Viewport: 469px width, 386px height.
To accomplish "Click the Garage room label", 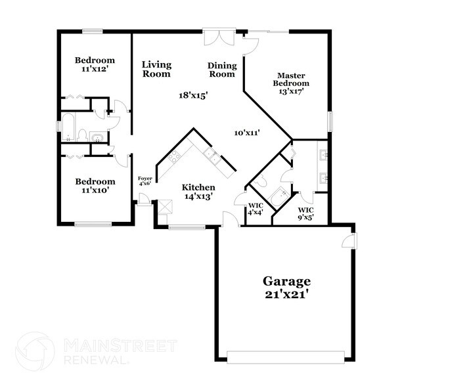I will [x=288, y=281].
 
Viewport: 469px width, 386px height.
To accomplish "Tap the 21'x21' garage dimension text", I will [x=288, y=295].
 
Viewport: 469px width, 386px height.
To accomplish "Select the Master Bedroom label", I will [x=292, y=79].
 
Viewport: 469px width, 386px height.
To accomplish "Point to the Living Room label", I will [x=157, y=69].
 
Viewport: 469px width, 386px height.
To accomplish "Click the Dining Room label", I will [x=221, y=70].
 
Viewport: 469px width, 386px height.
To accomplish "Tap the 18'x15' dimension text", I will [x=193, y=95].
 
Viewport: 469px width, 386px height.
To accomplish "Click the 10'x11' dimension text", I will [x=248, y=133].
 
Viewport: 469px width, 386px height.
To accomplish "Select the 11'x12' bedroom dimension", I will [x=95, y=68].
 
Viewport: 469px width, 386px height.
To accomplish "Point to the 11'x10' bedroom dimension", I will [x=95, y=190].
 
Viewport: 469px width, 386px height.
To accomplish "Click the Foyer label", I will [x=145, y=178].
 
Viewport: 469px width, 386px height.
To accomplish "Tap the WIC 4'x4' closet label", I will [x=255, y=209].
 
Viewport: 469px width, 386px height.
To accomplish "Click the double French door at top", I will [x=219, y=36].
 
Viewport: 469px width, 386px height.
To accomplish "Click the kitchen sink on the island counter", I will [x=212, y=155].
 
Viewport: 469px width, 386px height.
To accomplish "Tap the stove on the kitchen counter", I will [x=174, y=156].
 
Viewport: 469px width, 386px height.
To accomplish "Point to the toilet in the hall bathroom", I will [x=83, y=135].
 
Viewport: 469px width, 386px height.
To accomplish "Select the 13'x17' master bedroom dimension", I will [x=292, y=91].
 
